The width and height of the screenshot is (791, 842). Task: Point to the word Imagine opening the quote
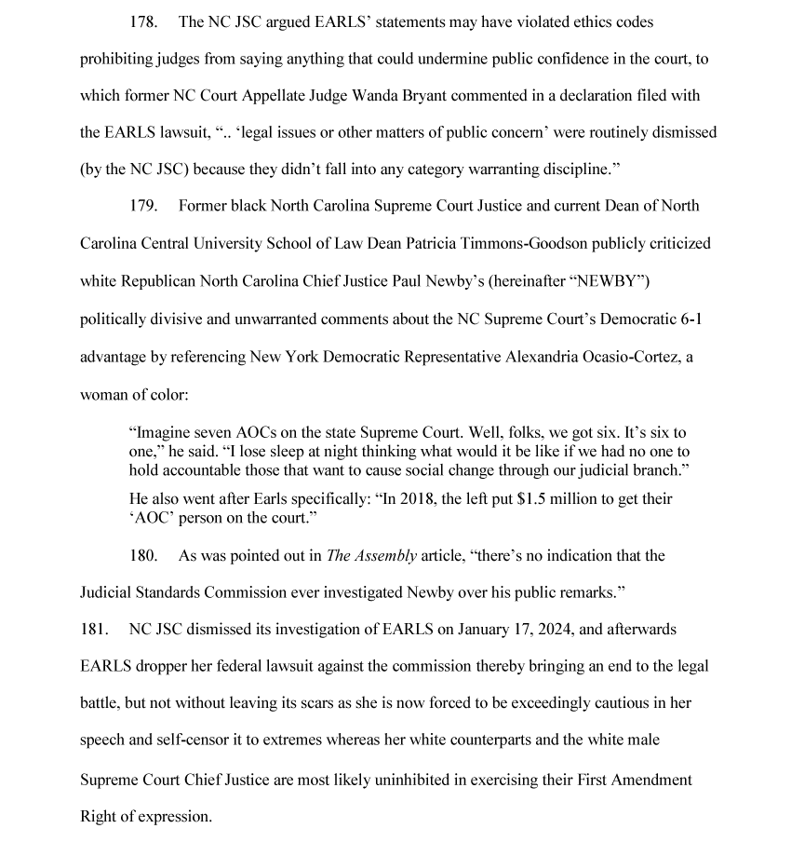[163, 434]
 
